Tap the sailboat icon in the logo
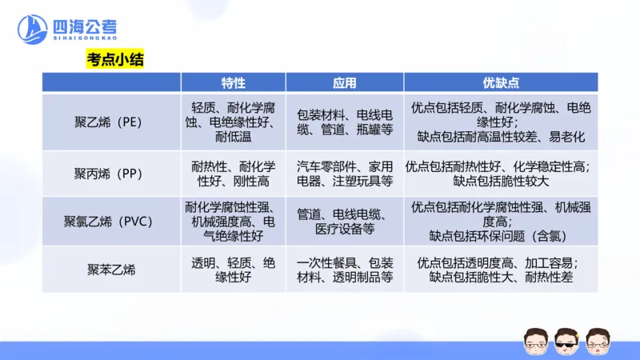34,30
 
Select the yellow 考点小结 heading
115,58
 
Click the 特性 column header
233,82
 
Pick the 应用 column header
344,82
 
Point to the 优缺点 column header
501,82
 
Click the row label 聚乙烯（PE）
111,122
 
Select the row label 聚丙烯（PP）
111,174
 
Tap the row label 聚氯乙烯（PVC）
111,221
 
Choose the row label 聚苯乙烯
111,270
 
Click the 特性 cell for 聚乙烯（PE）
233,122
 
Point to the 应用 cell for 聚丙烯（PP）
344,174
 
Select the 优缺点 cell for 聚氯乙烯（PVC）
501,221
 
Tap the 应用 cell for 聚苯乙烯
344,270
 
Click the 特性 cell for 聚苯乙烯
233,270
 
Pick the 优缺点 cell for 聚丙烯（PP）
501,174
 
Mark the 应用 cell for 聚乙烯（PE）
344,122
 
